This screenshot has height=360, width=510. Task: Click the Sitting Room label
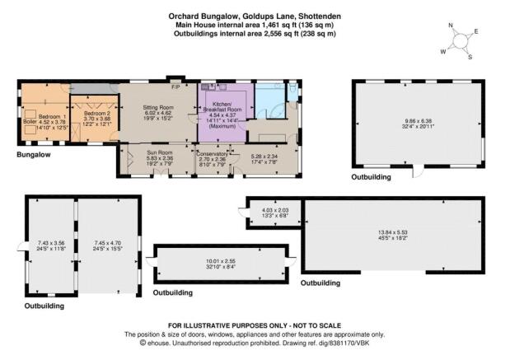click(x=158, y=108)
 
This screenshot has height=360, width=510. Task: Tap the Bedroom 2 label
click(x=97, y=114)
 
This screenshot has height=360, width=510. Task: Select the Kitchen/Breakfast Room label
click(x=222, y=106)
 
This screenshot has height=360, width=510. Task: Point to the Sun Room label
click(x=160, y=152)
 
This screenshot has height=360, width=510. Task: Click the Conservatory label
click(x=212, y=154)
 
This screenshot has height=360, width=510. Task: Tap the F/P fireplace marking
click(x=176, y=87)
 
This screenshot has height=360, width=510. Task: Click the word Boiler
click(x=30, y=122)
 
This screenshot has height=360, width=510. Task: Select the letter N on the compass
click(x=451, y=26)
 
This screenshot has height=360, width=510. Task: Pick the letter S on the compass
click(x=470, y=57)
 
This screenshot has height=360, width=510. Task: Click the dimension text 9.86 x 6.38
click(x=419, y=120)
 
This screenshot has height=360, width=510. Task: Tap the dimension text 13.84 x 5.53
click(x=392, y=232)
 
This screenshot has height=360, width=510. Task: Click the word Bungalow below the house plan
click(x=34, y=155)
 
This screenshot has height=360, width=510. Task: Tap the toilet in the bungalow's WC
click(x=292, y=88)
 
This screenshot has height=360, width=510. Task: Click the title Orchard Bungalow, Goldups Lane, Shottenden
click(x=255, y=16)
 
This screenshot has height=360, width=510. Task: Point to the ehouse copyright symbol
click(x=143, y=343)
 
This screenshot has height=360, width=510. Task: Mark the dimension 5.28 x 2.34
click(x=264, y=156)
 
